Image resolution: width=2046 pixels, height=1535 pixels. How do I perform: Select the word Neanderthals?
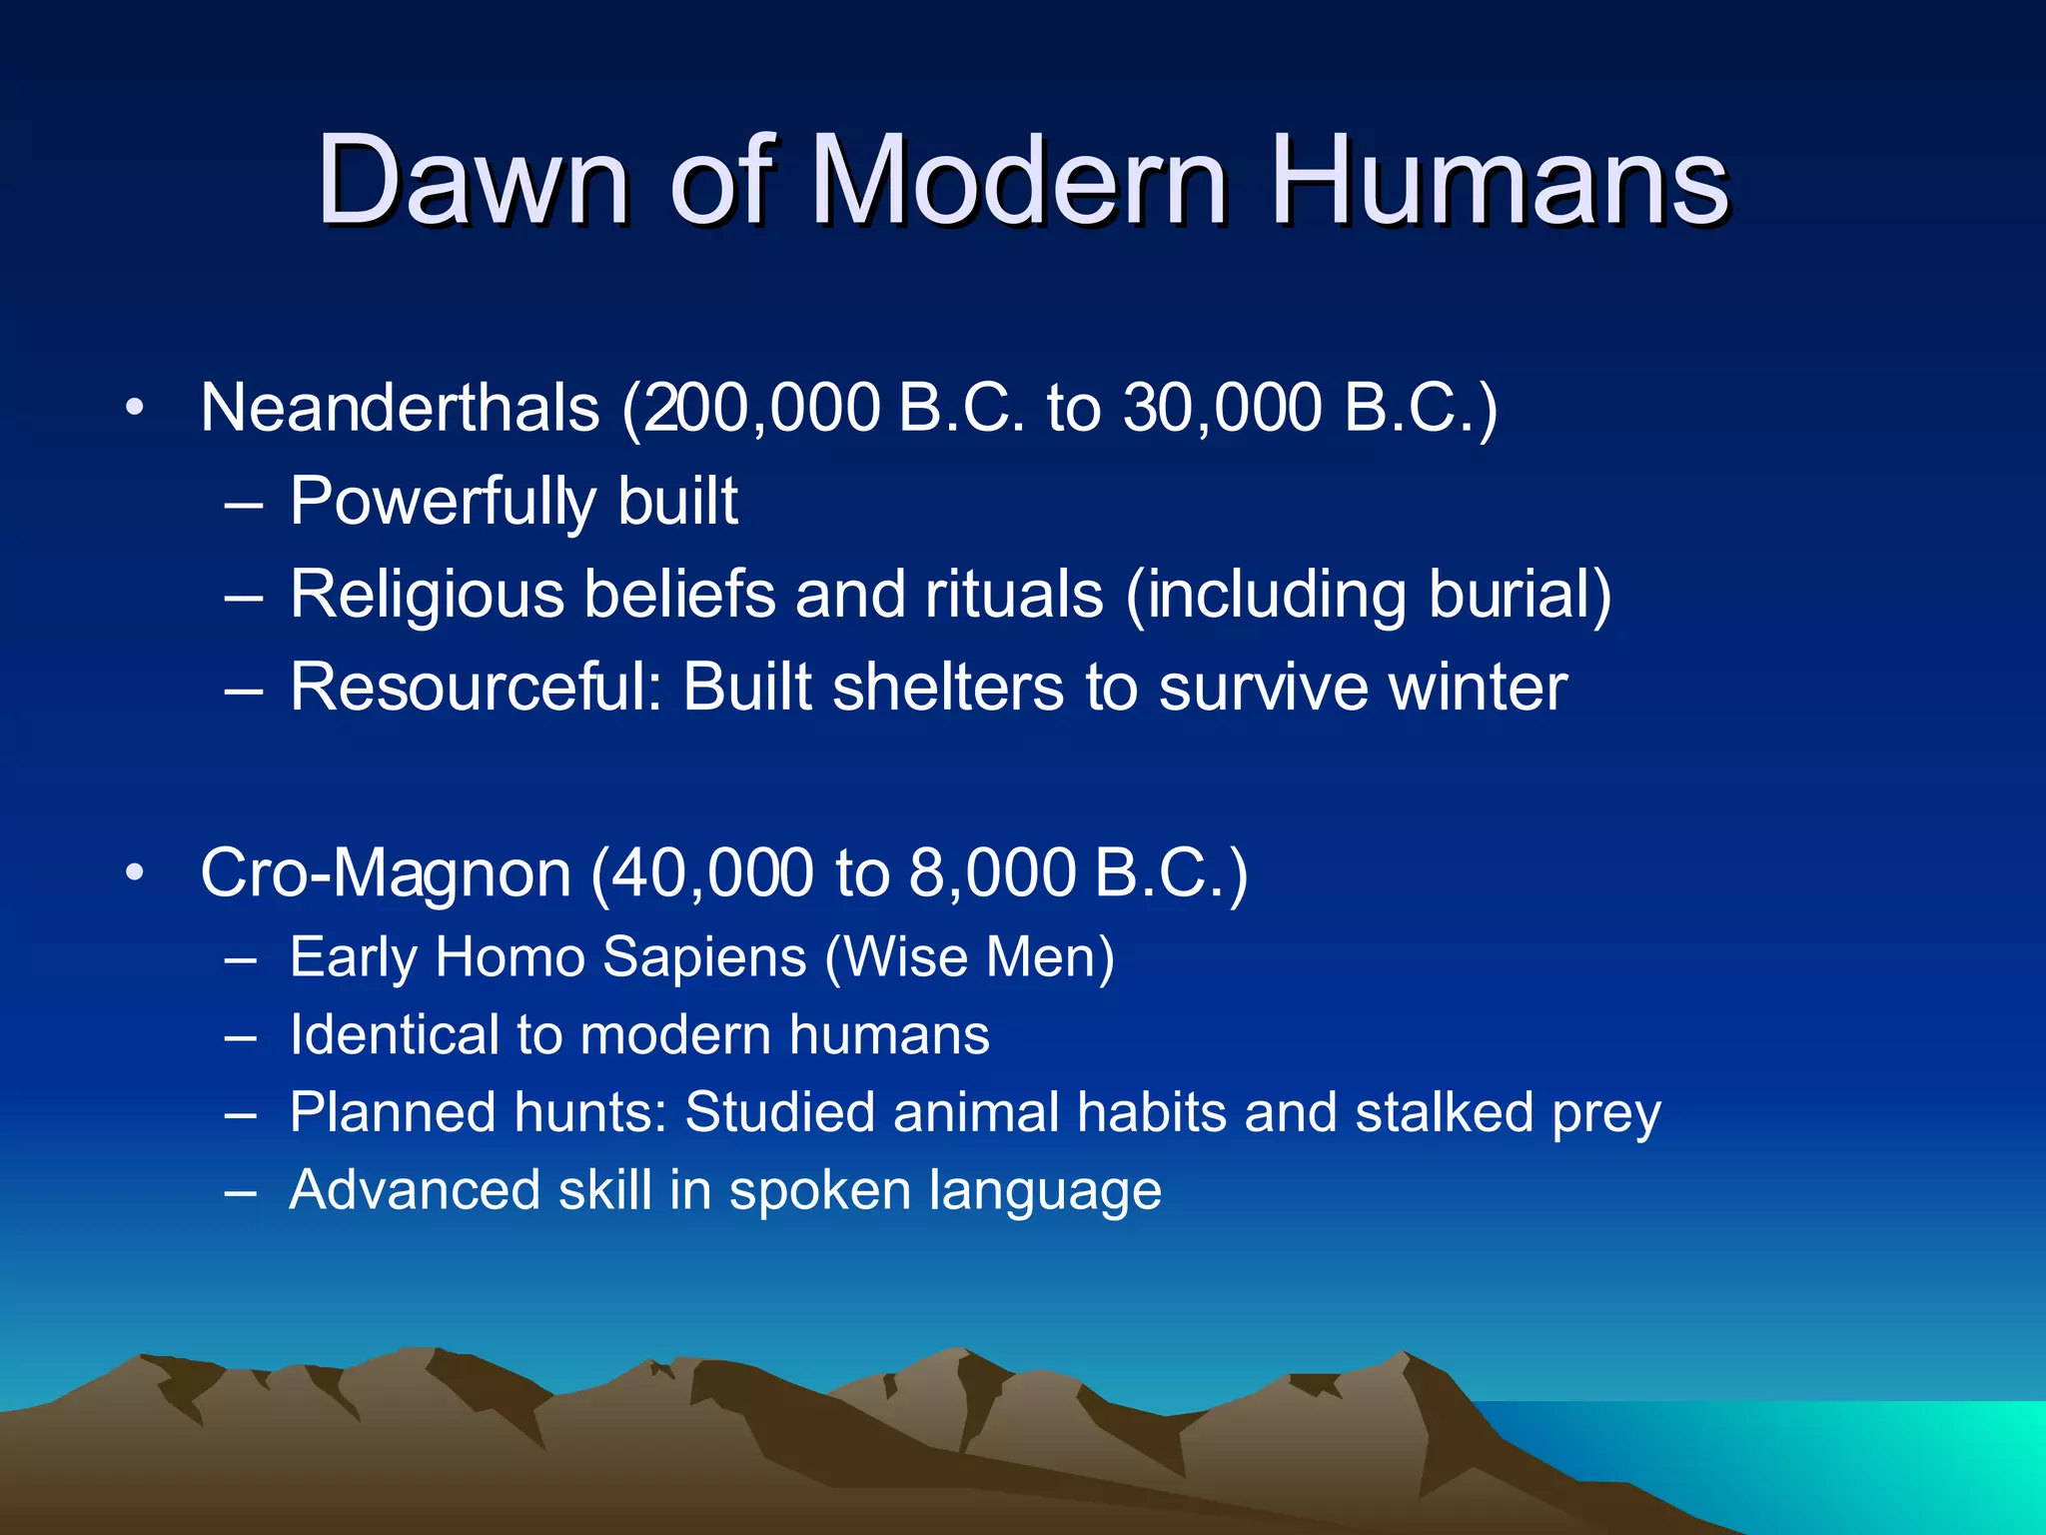[400, 408]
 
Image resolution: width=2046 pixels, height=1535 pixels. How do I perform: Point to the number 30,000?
[1223, 408]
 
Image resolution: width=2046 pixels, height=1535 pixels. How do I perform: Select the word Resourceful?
[476, 688]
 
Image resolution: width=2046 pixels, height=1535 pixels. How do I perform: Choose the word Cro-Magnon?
[386, 873]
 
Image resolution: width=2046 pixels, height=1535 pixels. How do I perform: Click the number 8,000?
[993, 873]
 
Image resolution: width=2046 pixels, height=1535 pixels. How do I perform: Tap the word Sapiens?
[705, 957]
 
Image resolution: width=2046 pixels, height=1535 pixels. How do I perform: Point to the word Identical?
[394, 1034]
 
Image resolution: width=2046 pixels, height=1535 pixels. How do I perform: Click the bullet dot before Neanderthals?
[135, 408]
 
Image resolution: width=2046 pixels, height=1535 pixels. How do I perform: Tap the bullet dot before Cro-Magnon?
[135, 873]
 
